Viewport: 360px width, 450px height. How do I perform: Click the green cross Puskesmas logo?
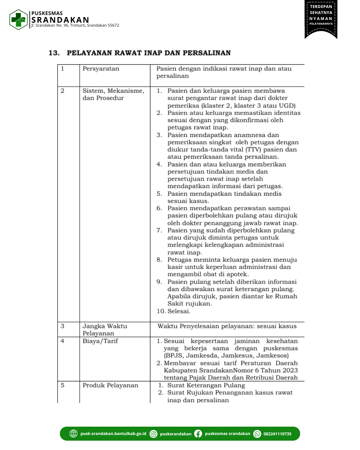coord(18,20)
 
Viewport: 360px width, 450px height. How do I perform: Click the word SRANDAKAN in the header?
coord(60,20)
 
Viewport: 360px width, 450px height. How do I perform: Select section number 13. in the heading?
coord(54,53)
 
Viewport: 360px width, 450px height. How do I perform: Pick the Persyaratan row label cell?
coord(101,69)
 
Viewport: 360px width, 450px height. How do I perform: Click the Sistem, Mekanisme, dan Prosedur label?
coord(113,94)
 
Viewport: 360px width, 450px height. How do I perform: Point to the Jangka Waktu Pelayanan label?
coord(105,330)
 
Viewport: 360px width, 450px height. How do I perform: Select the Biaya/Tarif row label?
coord(100,341)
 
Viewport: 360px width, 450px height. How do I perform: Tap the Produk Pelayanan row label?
coord(110,385)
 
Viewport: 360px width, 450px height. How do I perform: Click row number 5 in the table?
coord(63,385)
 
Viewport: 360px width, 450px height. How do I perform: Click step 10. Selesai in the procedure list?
coord(174,311)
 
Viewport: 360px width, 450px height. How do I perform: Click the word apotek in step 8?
coord(237,274)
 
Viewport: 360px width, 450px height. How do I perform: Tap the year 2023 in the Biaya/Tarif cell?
coord(290,370)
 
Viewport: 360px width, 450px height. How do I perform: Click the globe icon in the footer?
coord(73,434)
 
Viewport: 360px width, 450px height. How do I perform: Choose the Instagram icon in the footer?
coord(153,434)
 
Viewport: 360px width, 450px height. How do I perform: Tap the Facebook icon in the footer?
coord(198,434)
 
